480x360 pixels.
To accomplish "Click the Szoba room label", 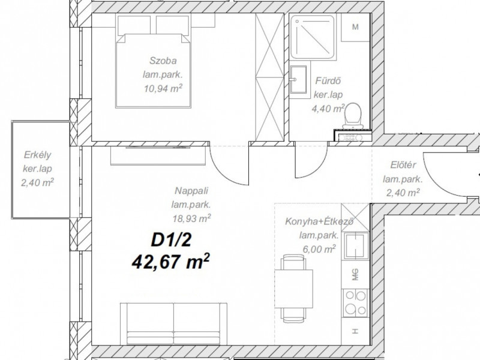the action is tap(163, 61).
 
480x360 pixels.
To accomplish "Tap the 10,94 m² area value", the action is tap(163, 88).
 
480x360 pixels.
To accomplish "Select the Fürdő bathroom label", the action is tap(328, 81).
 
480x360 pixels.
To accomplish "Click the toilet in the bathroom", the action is tap(353, 116).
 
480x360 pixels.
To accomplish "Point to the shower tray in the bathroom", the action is tap(312, 37).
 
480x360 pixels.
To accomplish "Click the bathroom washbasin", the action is tap(298, 79).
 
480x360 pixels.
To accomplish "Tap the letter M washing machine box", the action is tap(355, 27).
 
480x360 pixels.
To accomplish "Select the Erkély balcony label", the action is tap(37, 155).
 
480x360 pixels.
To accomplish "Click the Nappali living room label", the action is tap(191, 191).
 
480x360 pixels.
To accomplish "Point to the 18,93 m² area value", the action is tap(191, 218).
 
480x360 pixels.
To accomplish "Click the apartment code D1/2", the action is tap(171, 239).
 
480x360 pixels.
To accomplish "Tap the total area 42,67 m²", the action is tap(171, 262).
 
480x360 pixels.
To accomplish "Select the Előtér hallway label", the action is tap(403, 165).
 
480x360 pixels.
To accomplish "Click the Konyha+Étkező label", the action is tap(319, 221).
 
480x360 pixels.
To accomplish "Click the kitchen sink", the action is tap(355, 246).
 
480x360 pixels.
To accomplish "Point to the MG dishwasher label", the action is tap(355, 275).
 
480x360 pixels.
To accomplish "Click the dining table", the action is tap(294, 289).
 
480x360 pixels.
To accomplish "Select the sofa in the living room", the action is tap(173, 324).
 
